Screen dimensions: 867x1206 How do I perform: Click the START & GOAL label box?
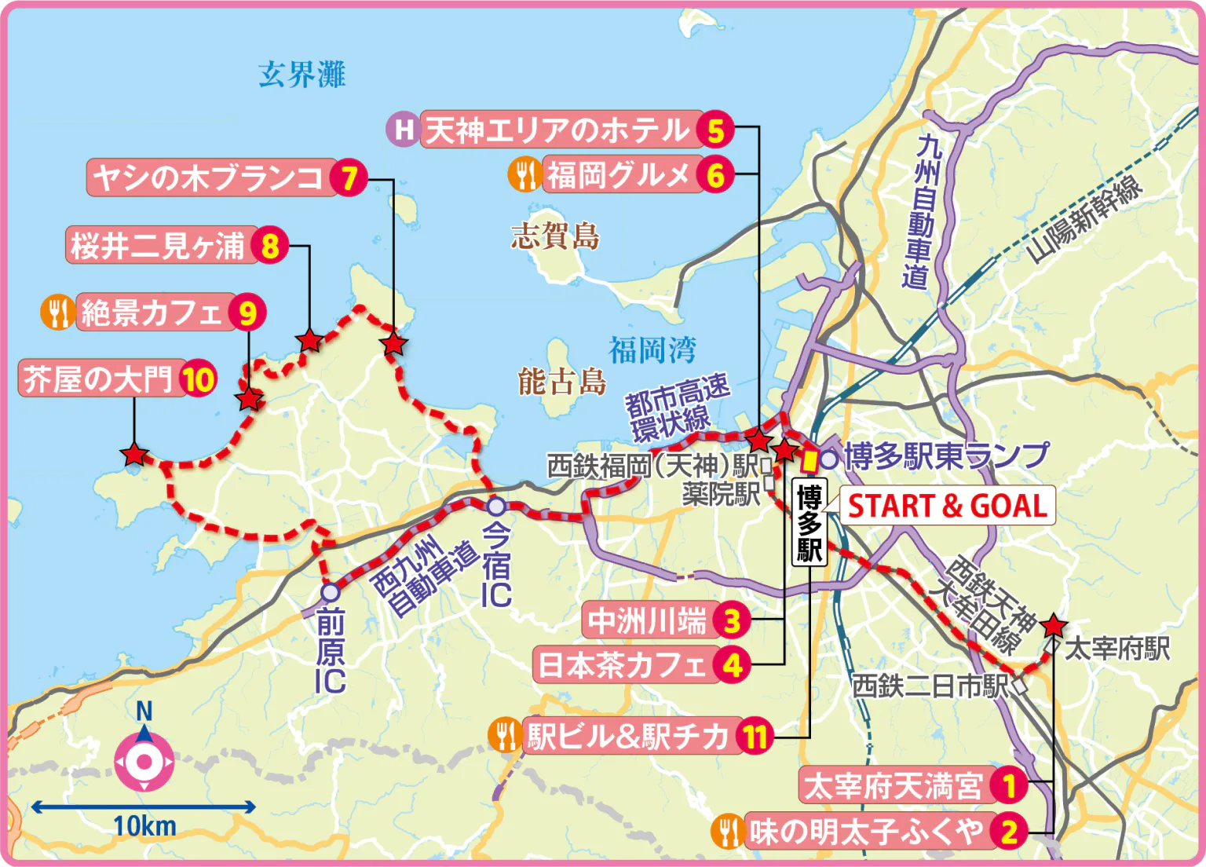[x=947, y=506]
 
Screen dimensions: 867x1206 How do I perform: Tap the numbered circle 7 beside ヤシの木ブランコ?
[x=348, y=177]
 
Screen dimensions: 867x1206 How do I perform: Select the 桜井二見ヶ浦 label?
[x=158, y=246]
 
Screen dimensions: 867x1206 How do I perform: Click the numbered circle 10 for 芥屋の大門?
[x=198, y=380]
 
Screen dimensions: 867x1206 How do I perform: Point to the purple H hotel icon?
[x=403, y=129]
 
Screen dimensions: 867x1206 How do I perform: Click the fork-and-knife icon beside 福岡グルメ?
[x=524, y=174]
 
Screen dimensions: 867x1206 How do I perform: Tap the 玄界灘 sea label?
[x=301, y=75]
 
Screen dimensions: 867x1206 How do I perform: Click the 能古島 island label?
[x=561, y=382]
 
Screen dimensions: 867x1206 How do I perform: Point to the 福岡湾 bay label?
[x=652, y=350]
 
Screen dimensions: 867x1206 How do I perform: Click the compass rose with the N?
[x=144, y=760]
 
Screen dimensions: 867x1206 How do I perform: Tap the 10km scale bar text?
[x=144, y=826]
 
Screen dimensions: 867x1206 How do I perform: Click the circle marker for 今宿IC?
[x=496, y=507]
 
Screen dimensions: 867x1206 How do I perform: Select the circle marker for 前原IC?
[x=331, y=591]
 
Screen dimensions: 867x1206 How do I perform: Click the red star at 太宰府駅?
[x=1053, y=626]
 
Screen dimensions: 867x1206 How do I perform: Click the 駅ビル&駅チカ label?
[x=628, y=736]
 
